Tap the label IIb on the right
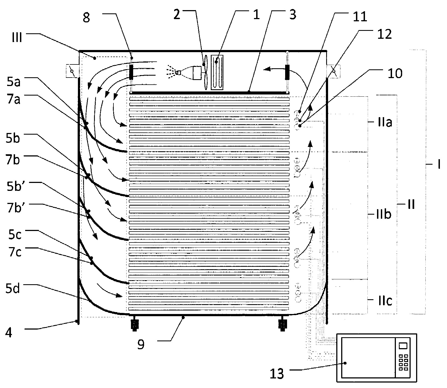click(384, 215)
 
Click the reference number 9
click(140, 345)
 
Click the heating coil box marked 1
click(217, 72)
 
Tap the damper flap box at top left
click(72, 71)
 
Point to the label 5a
click(13, 82)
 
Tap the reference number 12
click(384, 34)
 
